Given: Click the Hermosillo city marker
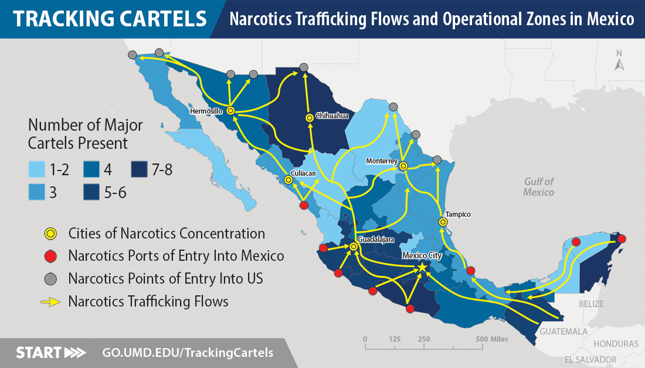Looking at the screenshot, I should (x=230, y=110).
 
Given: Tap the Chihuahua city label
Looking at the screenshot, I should (x=332, y=115).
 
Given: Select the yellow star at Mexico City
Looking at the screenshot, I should (x=422, y=267).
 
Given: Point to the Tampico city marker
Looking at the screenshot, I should (x=443, y=222).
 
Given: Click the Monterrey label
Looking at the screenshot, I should (x=382, y=161).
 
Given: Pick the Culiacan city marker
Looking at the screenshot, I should (x=288, y=180).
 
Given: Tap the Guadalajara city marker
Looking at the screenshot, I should (x=354, y=247).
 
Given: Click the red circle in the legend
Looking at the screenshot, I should (x=51, y=256).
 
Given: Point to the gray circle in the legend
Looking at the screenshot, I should (x=51, y=278).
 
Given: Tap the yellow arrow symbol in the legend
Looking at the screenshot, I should (x=51, y=302).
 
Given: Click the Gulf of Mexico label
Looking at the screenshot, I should (x=538, y=187).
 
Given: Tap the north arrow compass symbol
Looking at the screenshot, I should (x=619, y=61).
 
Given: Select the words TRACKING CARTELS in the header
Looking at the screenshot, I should (x=110, y=19).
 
